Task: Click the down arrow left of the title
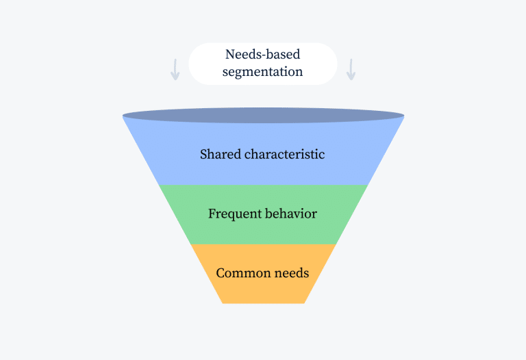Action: [x=175, y=69]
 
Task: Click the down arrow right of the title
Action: [x=351, y=69]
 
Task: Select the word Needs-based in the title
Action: [x=262, y=55]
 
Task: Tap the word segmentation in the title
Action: [x=262, y=72]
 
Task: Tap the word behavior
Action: [x=289, y=214]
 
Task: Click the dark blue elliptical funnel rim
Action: [x=262, y=116]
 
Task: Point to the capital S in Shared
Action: [x=203, y=154]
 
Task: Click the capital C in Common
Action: [x=220, y=273]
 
